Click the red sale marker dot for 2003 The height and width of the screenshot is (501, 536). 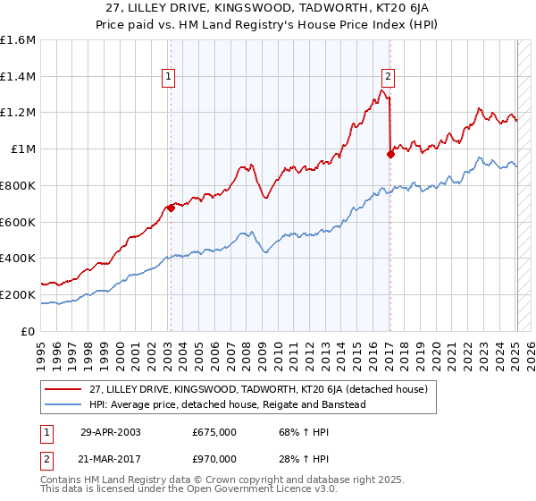171,208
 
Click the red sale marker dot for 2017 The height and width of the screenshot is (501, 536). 390,154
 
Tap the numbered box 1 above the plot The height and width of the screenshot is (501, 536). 170,78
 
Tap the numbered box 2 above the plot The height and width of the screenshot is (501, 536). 389,78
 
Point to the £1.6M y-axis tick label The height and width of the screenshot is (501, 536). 18,40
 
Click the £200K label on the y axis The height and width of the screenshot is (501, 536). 18,294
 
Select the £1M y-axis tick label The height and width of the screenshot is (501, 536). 23,149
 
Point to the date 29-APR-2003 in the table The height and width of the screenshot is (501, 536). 111,431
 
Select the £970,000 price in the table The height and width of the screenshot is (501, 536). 214,458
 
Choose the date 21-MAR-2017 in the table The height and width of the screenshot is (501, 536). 111,458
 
